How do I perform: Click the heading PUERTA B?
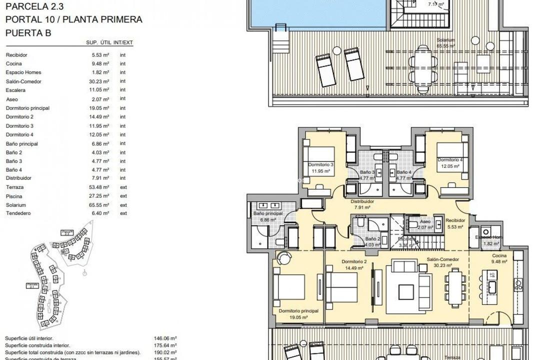coord(28,32)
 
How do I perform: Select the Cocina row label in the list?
coord(13,63)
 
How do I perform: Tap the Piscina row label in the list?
coord(14,196)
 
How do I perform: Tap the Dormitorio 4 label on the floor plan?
coord(450,160)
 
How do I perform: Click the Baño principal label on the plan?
coord(268,213)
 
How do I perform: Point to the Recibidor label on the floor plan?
coord(455,220)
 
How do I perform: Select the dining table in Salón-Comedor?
coord(455,287)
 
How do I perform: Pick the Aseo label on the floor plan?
coord(425,221)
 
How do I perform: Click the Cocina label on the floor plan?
coord(498,255)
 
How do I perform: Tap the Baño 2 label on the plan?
coord(372,239)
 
